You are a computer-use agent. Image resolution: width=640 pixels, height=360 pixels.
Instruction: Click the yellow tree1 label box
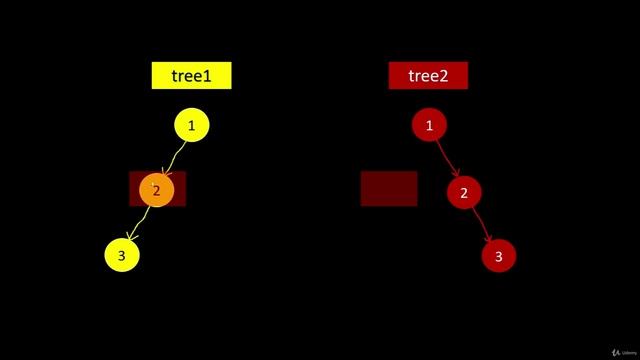coord(191,75)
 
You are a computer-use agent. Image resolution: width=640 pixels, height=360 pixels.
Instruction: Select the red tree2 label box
coord(428,75)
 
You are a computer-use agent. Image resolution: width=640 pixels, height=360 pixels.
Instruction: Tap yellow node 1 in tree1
coord(192,126)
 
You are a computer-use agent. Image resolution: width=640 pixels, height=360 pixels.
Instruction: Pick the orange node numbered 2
coord(157,190)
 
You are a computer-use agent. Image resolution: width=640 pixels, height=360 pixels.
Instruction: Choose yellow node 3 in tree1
coord(121,255)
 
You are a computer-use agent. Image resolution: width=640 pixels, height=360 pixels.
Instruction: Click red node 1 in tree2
coord(429,126)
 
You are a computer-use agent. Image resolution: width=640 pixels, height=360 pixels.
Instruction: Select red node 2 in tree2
coord(463,192)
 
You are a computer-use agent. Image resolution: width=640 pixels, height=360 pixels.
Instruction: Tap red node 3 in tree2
coord(498,256)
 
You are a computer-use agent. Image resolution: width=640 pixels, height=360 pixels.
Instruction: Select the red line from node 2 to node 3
coord(480,223)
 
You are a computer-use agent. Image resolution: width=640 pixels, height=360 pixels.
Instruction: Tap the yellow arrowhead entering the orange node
coord(166,175)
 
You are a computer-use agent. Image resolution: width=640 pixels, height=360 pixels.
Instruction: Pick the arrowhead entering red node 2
coord(455,174)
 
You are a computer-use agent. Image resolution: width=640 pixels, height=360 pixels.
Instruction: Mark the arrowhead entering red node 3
coord(490,239)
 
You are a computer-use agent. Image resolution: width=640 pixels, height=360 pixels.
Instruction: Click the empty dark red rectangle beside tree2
coord(389,188)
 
